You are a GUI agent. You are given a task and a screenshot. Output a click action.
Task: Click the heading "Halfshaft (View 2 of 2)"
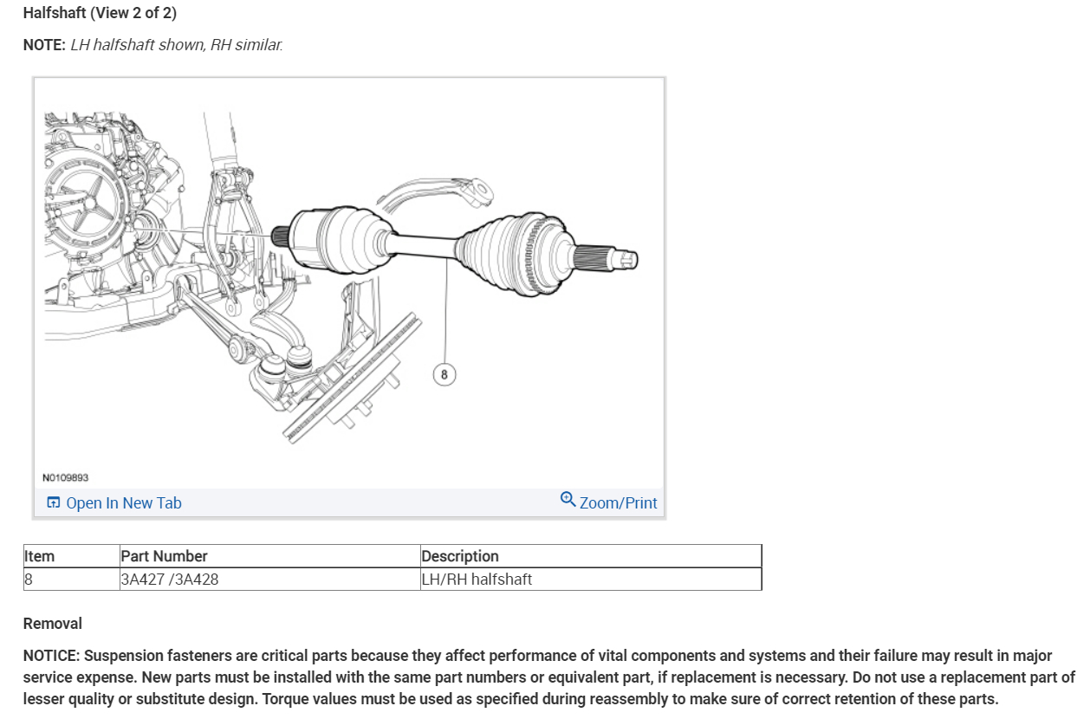100,13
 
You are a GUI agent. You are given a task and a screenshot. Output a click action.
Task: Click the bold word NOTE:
44,45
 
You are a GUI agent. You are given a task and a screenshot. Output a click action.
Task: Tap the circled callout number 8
444,374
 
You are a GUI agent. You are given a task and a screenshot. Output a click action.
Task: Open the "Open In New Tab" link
123,503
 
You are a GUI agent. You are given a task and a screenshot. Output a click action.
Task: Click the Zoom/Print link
618,503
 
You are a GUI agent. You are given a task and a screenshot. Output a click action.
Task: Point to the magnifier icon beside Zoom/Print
568,500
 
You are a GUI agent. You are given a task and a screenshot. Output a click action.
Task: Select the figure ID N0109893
65,477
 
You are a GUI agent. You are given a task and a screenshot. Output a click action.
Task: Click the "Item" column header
39,556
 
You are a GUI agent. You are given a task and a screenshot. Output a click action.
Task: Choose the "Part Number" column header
164,556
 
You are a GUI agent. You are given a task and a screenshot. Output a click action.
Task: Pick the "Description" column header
459,556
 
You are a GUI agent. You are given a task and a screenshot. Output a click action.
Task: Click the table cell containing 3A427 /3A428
169,580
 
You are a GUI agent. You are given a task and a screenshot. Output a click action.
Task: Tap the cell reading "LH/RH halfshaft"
476,580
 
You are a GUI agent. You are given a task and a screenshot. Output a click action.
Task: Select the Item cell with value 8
29,580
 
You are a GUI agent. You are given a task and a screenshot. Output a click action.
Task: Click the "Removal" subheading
52,624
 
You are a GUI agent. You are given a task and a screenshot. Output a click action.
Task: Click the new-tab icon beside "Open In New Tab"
54,503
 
